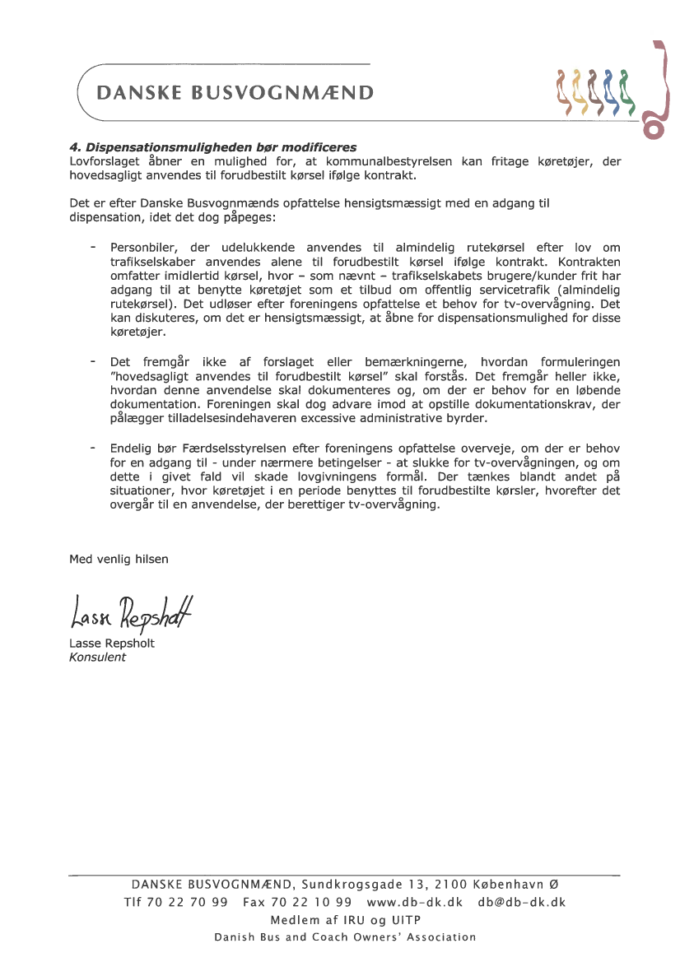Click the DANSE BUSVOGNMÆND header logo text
235,93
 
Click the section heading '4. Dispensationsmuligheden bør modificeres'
212,147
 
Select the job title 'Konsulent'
97,657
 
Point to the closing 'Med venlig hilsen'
119,559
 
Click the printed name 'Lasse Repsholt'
111,644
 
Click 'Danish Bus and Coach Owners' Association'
345,937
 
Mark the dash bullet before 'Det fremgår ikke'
93,361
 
